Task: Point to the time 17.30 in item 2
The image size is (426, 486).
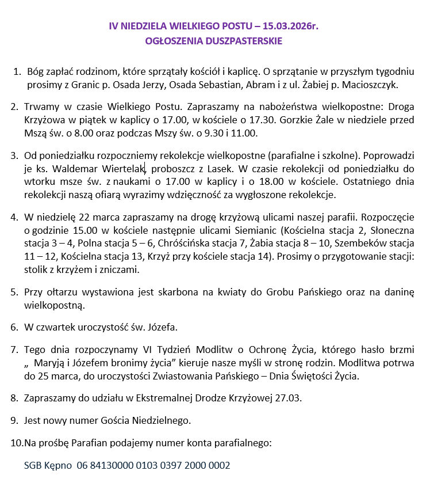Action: coord(306,120)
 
